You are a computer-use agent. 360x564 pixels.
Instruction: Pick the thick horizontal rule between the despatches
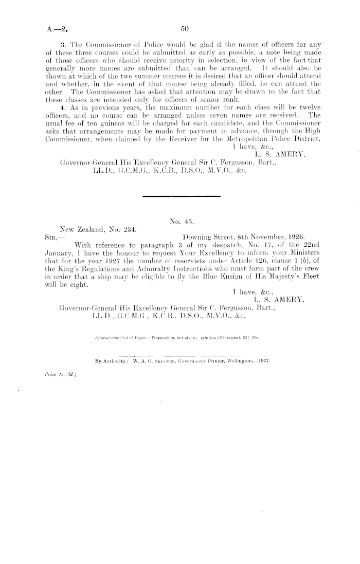coord(181,196)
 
